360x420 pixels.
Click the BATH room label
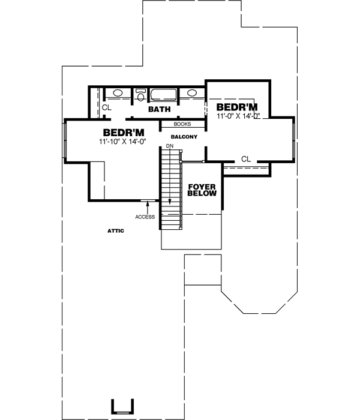tap(159, 109)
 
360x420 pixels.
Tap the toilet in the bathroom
tap(140, 95)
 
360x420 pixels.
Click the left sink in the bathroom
tap(118, 94)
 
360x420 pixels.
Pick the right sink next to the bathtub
tap(192, 94)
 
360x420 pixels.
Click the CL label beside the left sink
tap(106, 108)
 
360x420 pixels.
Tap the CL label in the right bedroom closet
tap(245, 158)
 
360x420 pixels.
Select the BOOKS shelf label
tap(182, 124)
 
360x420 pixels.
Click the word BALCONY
tap(184, 137)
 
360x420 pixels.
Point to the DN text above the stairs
tap(170, 146)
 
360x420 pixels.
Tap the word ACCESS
tap(145, 217)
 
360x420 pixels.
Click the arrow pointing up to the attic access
tap(147, 207)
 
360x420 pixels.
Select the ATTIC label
tap(115, 230)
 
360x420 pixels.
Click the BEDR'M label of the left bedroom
tap(124, 132)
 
